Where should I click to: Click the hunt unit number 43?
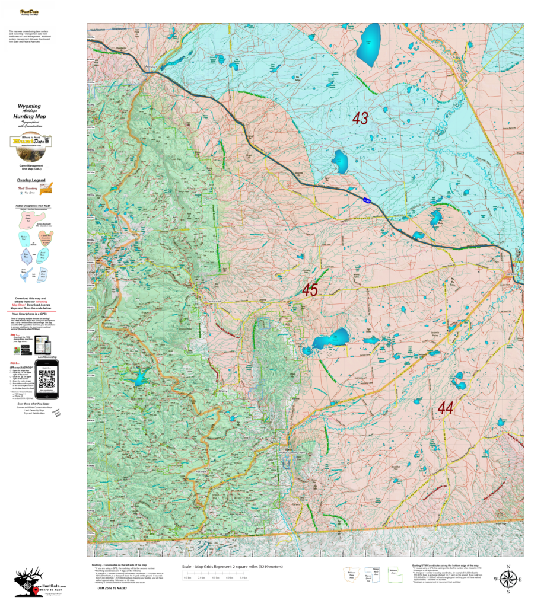360,119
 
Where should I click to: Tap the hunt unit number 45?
310,290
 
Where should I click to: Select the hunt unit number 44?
446,407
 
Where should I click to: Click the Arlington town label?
151,67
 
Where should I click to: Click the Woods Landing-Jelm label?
291,453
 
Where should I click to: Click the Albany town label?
239,392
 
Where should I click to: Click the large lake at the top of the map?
369,44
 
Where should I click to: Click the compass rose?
508,579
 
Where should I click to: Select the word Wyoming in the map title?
30,107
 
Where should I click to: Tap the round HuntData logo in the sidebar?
31,142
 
